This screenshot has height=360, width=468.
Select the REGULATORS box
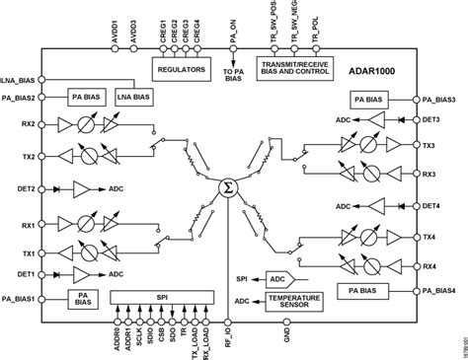(x=183, y=69)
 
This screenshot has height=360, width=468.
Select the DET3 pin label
(x=431, y=118)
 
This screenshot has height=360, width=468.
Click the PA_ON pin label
(x=224, y=22)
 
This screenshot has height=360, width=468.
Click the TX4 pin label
(x=430, y=237)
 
